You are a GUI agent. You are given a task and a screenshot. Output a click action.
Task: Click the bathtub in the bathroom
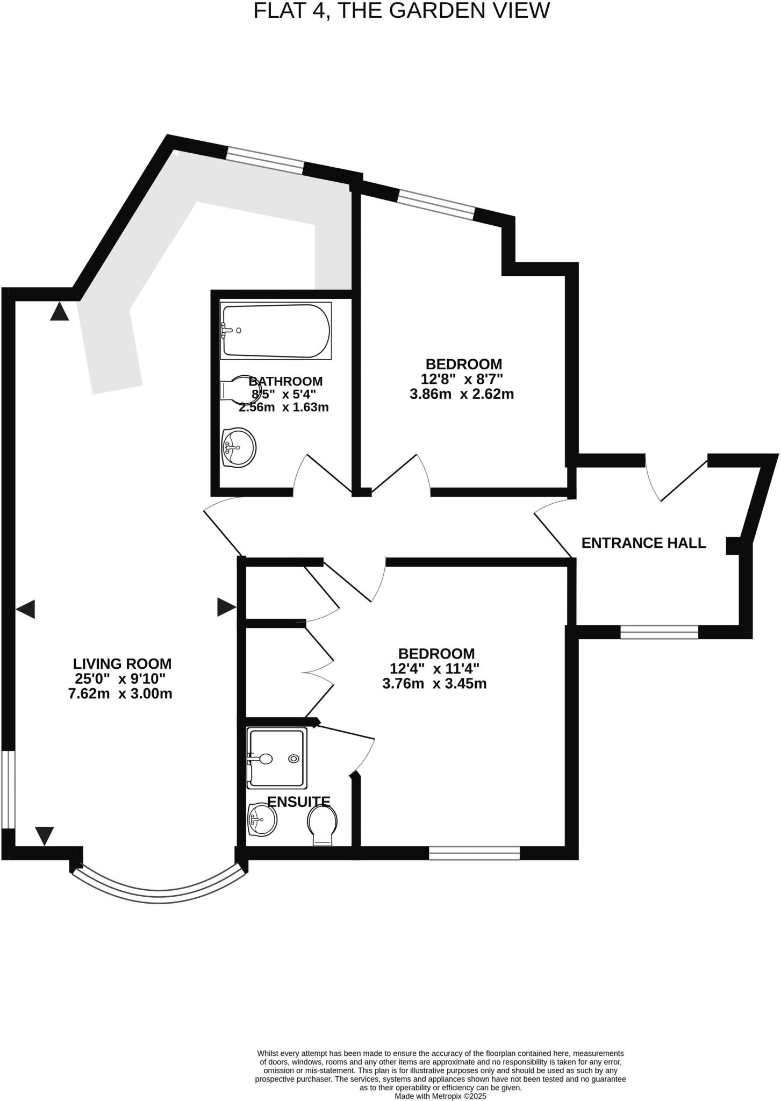click(x=276, y=331)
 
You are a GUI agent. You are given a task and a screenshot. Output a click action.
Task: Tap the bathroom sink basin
click(x=239, y=447)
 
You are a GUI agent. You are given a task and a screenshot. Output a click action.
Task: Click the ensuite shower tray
click(x=277, y=758)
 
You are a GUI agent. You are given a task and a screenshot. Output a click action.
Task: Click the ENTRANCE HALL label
click(x=643, y=543)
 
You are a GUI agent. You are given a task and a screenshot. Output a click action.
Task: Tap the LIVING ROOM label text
click(x=122, y=664)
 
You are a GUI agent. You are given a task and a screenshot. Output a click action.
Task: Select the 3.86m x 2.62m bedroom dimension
click(x=461, y=394)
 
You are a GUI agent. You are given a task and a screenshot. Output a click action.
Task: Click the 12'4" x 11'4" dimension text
click(x=434, y=669)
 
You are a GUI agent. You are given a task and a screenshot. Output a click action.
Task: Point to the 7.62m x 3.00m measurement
click(x=120, y=694)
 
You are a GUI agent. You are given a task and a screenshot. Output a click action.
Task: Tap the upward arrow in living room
click(x=60, y=312)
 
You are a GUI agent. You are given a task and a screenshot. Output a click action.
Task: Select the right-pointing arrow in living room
click(x=226, y=607)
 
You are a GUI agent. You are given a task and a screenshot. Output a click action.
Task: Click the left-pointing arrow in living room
click(x=25, y=609)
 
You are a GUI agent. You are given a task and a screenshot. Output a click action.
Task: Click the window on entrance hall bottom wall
click(x=659, y=632)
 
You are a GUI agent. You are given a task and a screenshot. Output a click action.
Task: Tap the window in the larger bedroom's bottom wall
click(x=474, y=853)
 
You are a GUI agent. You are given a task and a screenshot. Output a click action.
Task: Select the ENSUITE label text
click(x=298, y=802)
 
